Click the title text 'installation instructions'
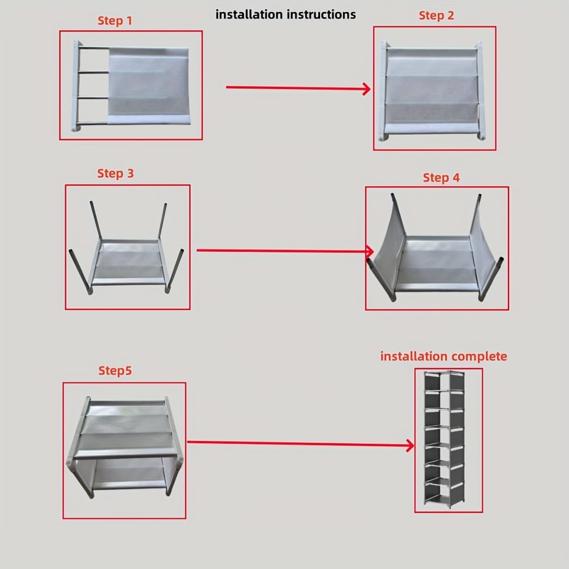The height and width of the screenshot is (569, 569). (285, 14)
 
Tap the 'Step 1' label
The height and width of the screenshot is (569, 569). (115, 21)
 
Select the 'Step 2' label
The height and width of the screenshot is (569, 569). (436, 16)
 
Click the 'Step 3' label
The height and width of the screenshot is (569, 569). (115, 174)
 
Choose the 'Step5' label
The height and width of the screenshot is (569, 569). (115, 371)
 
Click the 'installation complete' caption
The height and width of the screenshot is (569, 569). (444, 356)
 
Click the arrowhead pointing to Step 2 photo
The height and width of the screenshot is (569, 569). (366, 89)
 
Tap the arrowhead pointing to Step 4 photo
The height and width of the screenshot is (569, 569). (369, 251)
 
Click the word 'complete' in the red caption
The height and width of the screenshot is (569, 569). (480, 356)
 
